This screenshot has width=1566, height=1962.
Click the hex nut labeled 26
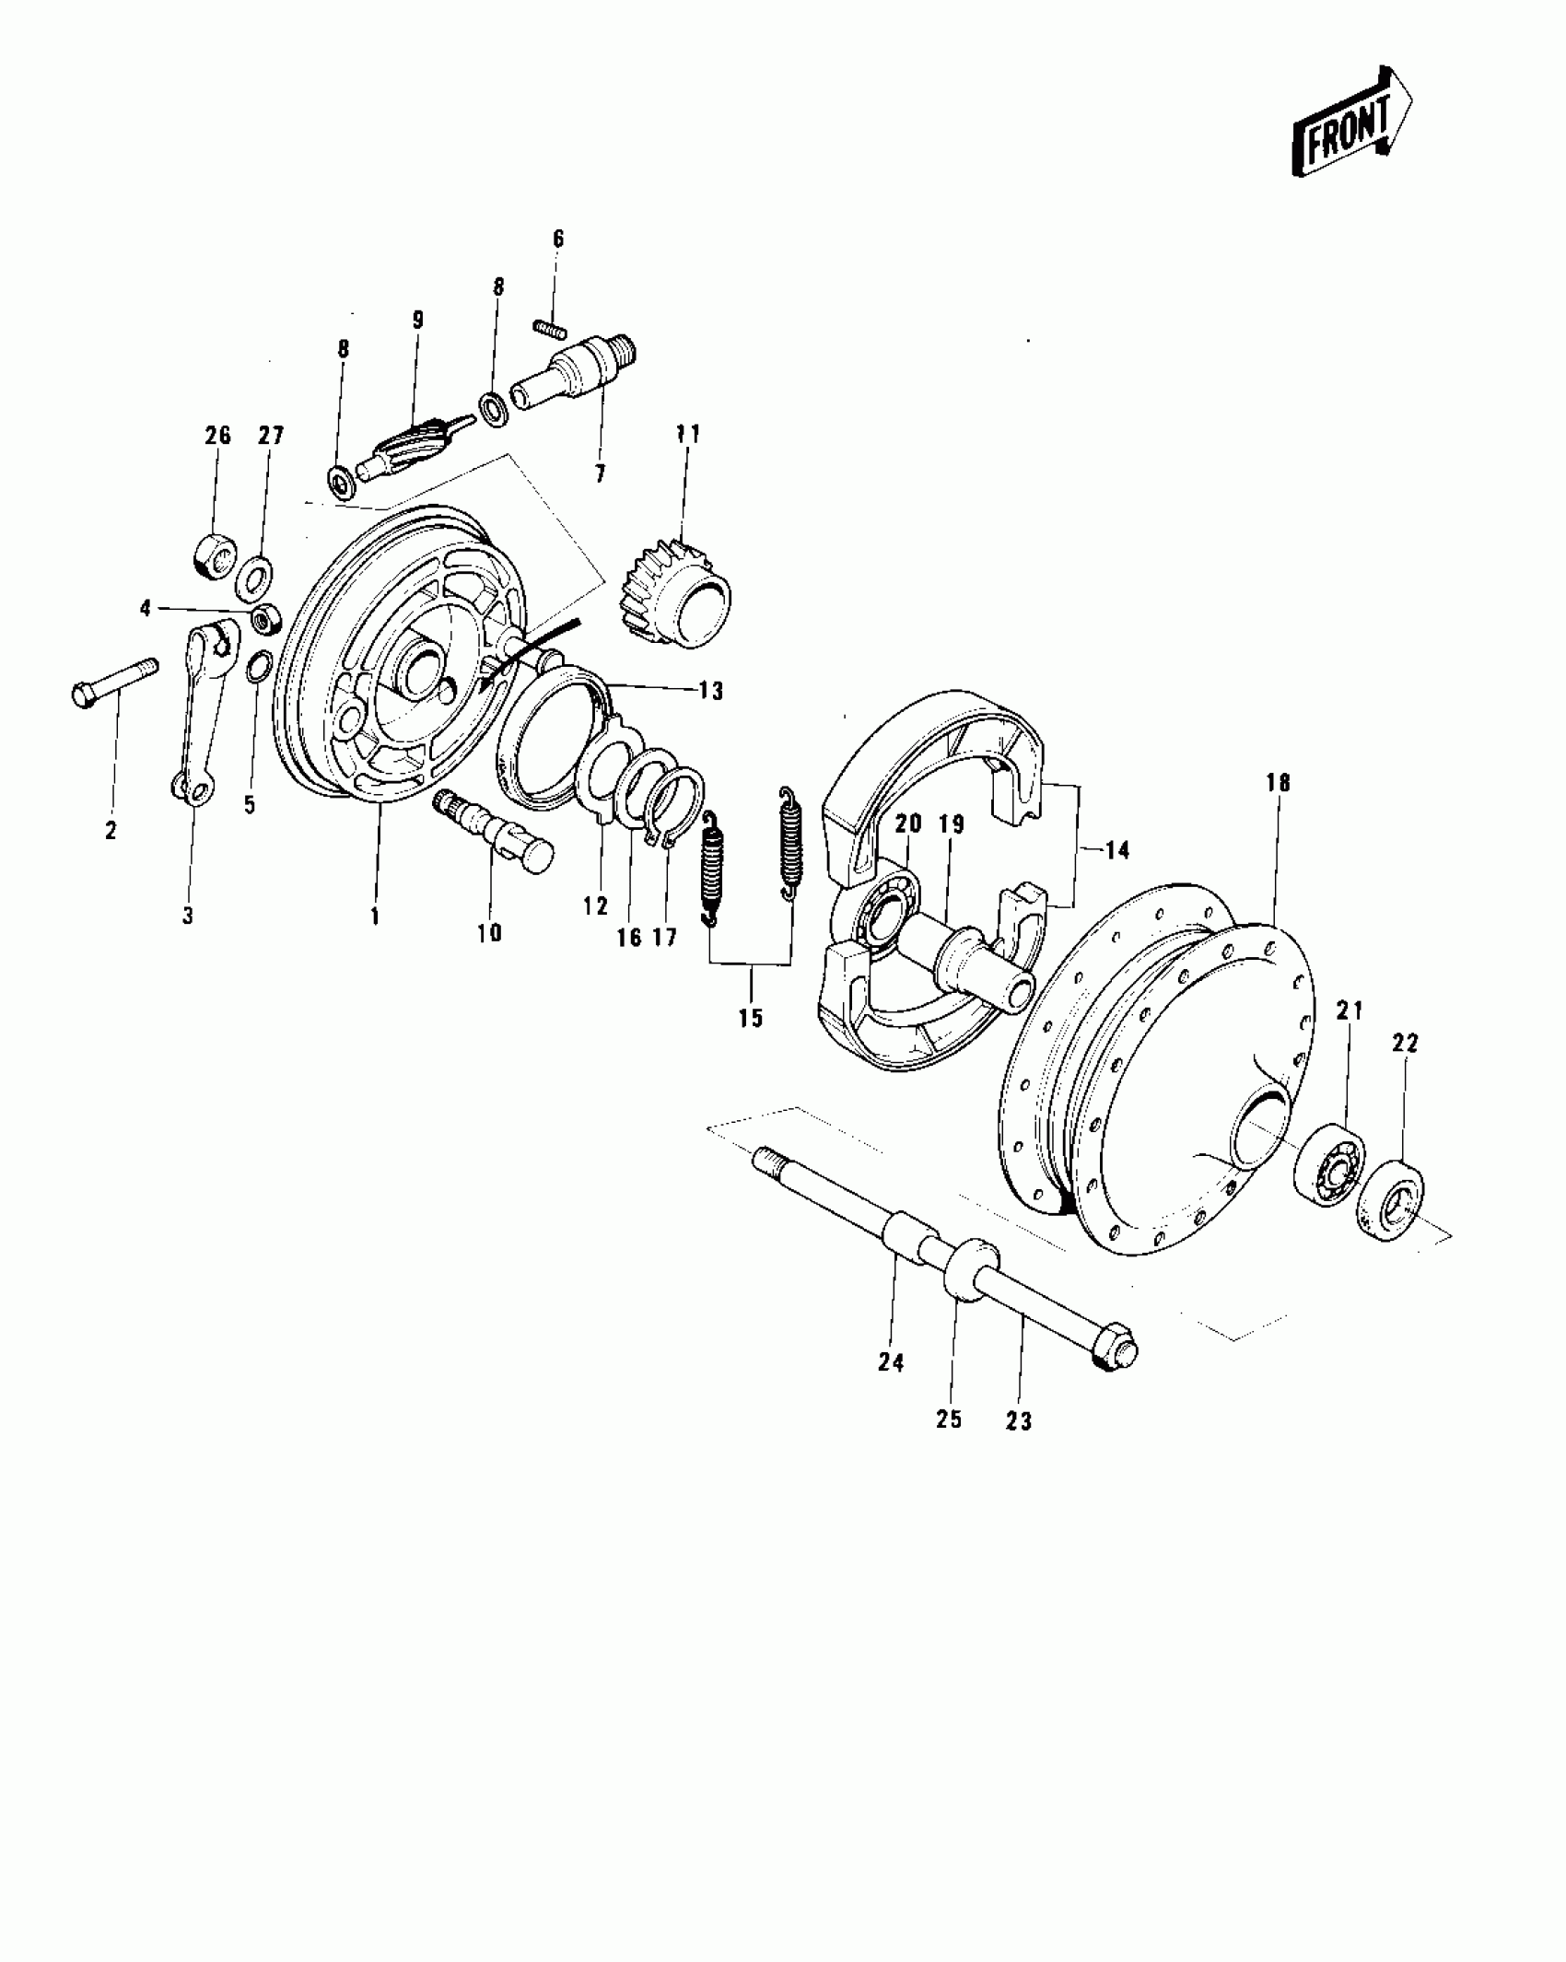coord(214,554)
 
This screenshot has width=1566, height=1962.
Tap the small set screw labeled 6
coord(550,327)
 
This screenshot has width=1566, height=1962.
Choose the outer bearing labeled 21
coord(1328,1164)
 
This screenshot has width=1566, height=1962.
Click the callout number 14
coord(1116,849)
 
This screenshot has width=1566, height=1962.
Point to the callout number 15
coord(751,1018)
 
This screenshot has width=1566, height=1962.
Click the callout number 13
coord(711,690)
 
